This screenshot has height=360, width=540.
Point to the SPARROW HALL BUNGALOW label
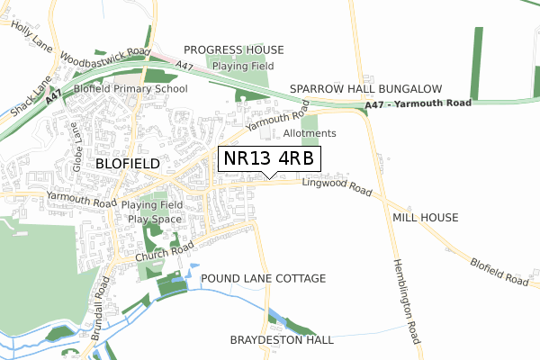366,89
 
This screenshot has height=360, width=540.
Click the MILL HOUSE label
426,218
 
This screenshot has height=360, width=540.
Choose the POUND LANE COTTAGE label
263,278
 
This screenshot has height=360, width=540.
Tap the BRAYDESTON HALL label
282,340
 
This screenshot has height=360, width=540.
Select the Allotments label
309,133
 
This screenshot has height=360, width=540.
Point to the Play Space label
155,219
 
